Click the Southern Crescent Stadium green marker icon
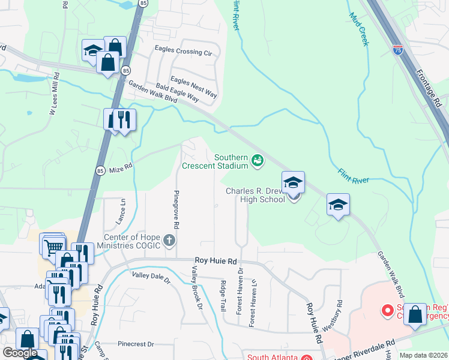pos(258,160)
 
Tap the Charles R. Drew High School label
pos(255,195)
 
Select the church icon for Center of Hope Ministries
pos(169,241)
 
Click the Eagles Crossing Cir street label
pos(183,52)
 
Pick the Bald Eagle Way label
pos(178,92)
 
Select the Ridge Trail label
pos(223,296)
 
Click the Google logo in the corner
pos(19,353)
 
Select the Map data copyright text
pos(423,355)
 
